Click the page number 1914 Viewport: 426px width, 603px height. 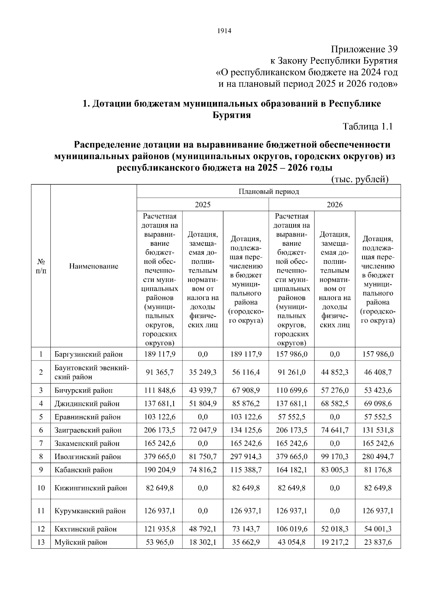click(224, 31)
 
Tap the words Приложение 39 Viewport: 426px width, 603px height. click(364, 49)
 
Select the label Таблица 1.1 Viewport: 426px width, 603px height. click(367, 126)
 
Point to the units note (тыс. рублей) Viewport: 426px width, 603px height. click(360, 179)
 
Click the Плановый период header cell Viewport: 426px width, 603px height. click(268, 191)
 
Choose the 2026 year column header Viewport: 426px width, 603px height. click(334, 205)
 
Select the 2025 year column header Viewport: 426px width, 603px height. click(202, 205)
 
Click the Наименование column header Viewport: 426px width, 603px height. click(93, 266)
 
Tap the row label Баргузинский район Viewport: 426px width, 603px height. click(88, 354)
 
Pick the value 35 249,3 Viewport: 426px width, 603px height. click(203, 372)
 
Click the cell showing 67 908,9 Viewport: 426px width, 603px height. click(246, 390)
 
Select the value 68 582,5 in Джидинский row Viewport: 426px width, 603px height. click(334, 403)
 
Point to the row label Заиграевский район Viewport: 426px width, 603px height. click(88, 430)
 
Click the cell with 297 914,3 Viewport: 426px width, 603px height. click(246, 456)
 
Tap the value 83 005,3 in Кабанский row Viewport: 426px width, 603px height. click(334, 470)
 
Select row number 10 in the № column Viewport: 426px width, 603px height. click(41, 488)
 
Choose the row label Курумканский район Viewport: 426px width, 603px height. click(90, 511)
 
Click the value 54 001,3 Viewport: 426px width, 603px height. click(378, 529)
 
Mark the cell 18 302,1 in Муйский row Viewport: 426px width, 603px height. click(203, 542)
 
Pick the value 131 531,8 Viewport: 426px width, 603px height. click(378, 430)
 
